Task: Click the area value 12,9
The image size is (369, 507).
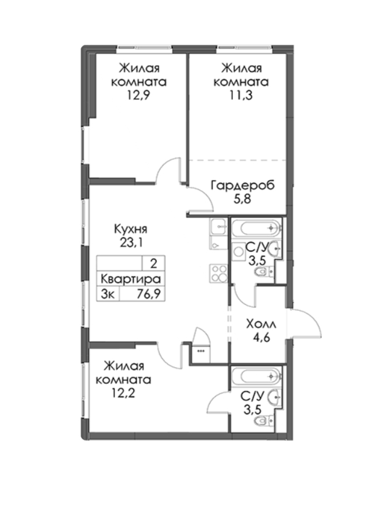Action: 139,95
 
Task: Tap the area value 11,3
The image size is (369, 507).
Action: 241,95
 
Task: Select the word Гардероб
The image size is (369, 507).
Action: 242,185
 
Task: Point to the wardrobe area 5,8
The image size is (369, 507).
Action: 242,198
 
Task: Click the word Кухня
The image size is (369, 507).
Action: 131,229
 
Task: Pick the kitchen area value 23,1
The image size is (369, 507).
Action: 131,243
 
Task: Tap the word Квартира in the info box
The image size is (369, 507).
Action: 131,279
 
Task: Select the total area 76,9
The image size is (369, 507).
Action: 148,294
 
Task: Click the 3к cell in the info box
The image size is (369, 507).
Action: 108,294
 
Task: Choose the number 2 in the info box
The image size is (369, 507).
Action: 154,264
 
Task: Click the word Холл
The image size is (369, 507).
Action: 261,324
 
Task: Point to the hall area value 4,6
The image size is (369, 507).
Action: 261,338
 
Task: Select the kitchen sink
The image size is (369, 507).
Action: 219,226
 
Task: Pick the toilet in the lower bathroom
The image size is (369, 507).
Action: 263,420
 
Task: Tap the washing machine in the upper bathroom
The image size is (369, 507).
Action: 239,251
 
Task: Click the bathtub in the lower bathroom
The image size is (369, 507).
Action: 257,376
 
